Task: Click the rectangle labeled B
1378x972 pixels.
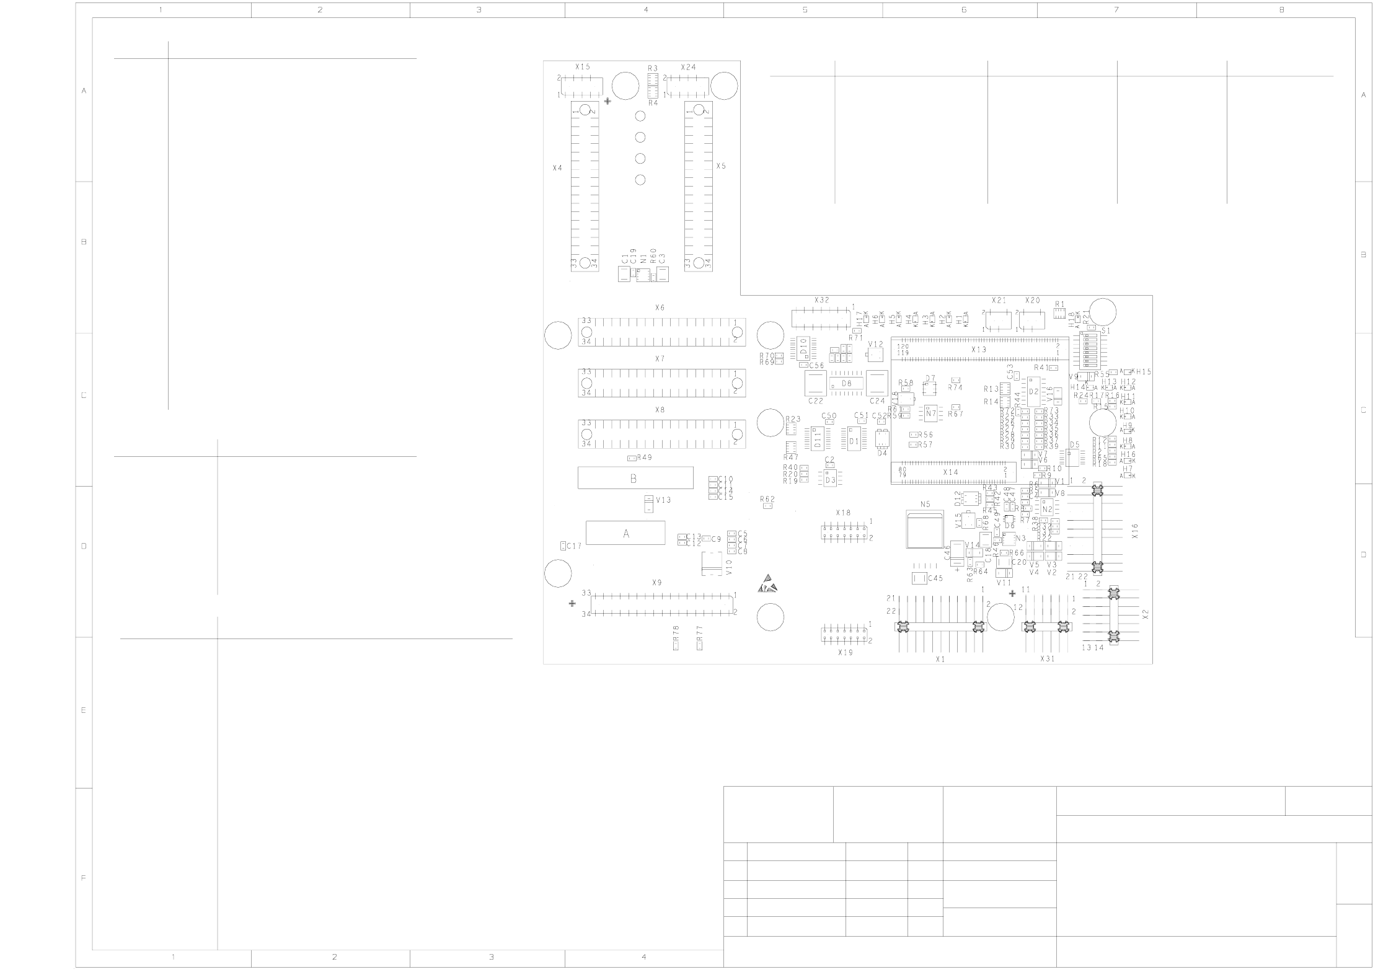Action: [635, 478]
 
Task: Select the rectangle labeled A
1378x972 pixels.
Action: [625, 533]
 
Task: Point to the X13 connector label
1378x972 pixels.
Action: [978, 350]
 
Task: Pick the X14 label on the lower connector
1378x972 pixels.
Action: [950, 472]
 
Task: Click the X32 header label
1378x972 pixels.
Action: [821, 300]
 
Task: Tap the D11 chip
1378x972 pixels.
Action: [818, 439]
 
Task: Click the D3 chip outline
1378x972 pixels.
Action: [830, 480]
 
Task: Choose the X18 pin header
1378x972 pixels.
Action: [844, 531]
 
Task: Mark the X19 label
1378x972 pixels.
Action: [845, 653]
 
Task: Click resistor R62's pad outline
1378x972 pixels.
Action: [767, 506]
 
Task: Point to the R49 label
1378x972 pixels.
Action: [645, 457]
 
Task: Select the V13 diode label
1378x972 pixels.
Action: [663, 500]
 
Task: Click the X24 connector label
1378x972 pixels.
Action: [688, 67]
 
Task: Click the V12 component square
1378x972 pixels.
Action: [875, 355]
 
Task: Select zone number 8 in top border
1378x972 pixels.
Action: [1281, 10]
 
